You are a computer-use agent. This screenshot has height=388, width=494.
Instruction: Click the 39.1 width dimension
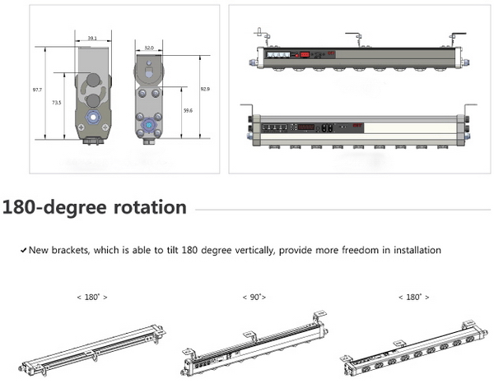91,38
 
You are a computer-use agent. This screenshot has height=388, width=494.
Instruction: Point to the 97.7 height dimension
37,88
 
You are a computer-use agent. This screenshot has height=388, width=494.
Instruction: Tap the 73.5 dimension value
56,102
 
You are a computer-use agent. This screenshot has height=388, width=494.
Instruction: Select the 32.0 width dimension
149,48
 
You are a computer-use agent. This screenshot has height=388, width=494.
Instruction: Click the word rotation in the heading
147,206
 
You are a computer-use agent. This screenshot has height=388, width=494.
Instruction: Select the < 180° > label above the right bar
412,296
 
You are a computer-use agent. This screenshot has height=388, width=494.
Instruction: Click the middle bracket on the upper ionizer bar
356,37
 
